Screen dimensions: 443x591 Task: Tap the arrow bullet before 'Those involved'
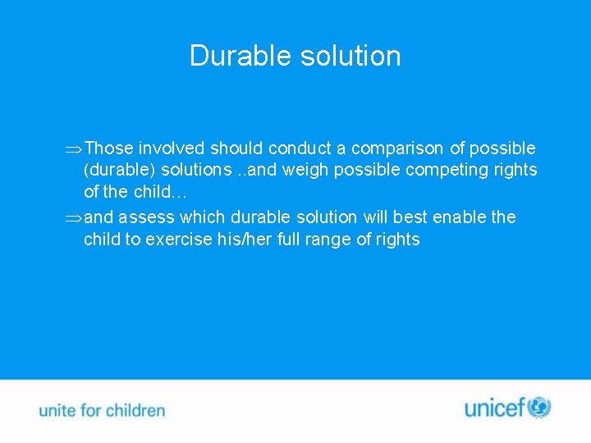pos(73,148)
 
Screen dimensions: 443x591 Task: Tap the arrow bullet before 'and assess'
pos(73,217)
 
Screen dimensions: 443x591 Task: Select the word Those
pos(108,148)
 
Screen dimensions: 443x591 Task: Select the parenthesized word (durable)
pos(117,170)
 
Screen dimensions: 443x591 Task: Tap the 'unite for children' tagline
pos(102,410)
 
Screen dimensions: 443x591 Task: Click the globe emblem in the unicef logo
pos(539,407)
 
